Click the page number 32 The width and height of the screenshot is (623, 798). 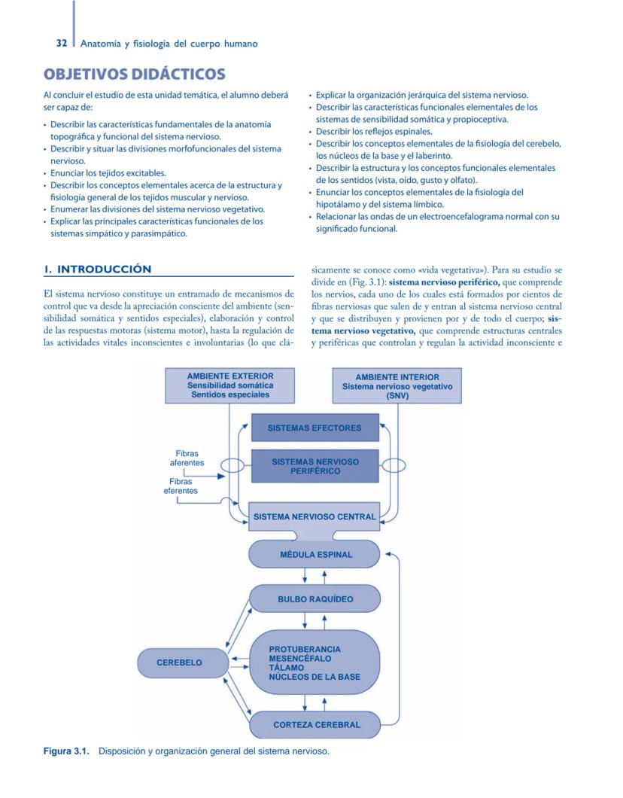pyautogui.click(x=62, y=44)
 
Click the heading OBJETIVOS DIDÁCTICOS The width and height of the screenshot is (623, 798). pyautogui.click(x=134, y=74)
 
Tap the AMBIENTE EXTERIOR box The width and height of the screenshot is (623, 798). pyautogui.click(x=229, y=385)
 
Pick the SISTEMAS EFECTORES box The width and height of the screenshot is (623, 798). pyautogui.click(x=315, y=428)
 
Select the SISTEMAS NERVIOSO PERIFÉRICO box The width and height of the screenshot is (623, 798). pyautogui.click(x=315, y=466)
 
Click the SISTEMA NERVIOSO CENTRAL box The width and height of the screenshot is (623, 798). pyautogui.click(x=315, y=517)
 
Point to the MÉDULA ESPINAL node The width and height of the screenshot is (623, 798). pyautogui.click(x=315, y=555)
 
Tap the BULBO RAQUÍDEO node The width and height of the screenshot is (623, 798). pyautogui.click(x=315, y=600)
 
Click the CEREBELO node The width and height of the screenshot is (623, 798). pyautogui.click(x=179, y=663)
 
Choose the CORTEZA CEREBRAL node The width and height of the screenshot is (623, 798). pyautogui.click(x=316, y=725)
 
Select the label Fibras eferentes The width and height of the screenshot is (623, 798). pyautogui.click(x=181, y=486)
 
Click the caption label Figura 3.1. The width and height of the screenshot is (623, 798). pyautogui.click(x=66, y=751)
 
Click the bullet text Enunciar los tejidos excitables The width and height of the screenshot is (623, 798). pyautogui.click(x=108, y=173)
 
